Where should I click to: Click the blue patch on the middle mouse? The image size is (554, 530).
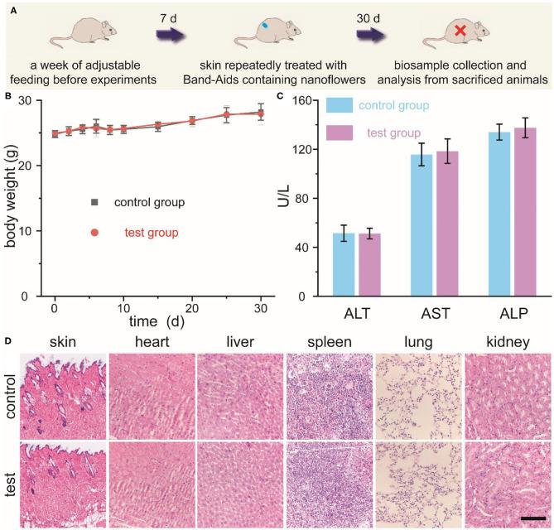[265, 26]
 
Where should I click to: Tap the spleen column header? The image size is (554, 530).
[327, 342]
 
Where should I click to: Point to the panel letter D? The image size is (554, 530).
[8, 340]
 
